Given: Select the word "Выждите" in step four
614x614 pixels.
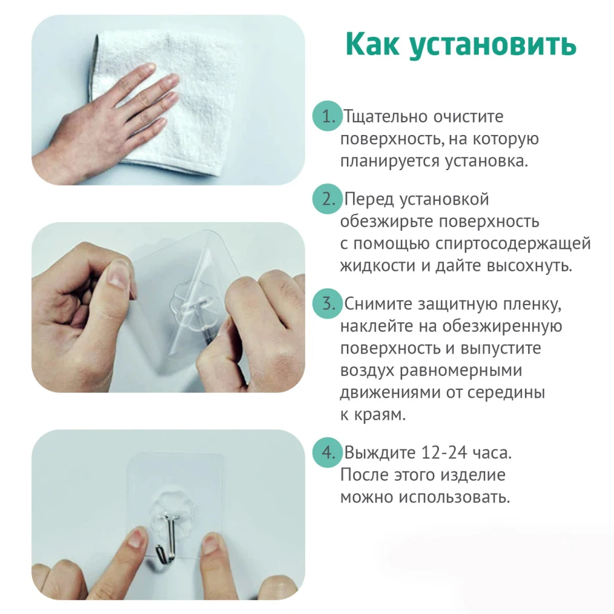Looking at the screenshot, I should (379, 454).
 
